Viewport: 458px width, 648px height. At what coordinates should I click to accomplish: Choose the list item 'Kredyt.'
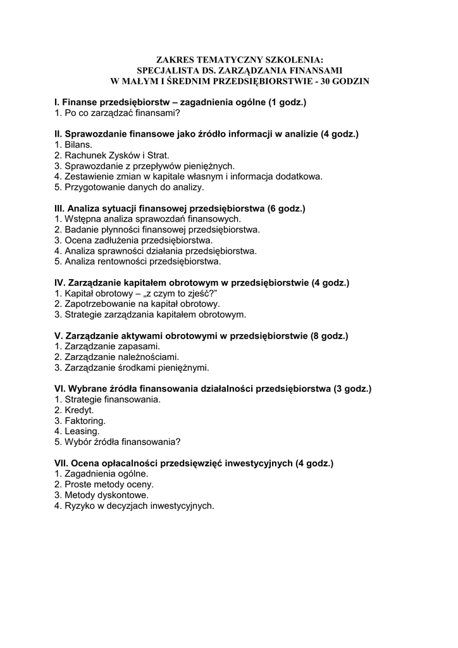74,410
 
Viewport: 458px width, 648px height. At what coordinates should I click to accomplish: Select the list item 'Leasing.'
78,431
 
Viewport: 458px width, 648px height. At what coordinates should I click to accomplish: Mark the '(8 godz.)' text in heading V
329,335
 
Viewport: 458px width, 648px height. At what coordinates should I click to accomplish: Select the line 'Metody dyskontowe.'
102,495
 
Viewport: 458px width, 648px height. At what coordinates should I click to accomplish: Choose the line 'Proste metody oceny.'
104,484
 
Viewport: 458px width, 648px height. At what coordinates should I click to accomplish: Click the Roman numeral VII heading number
61,463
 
